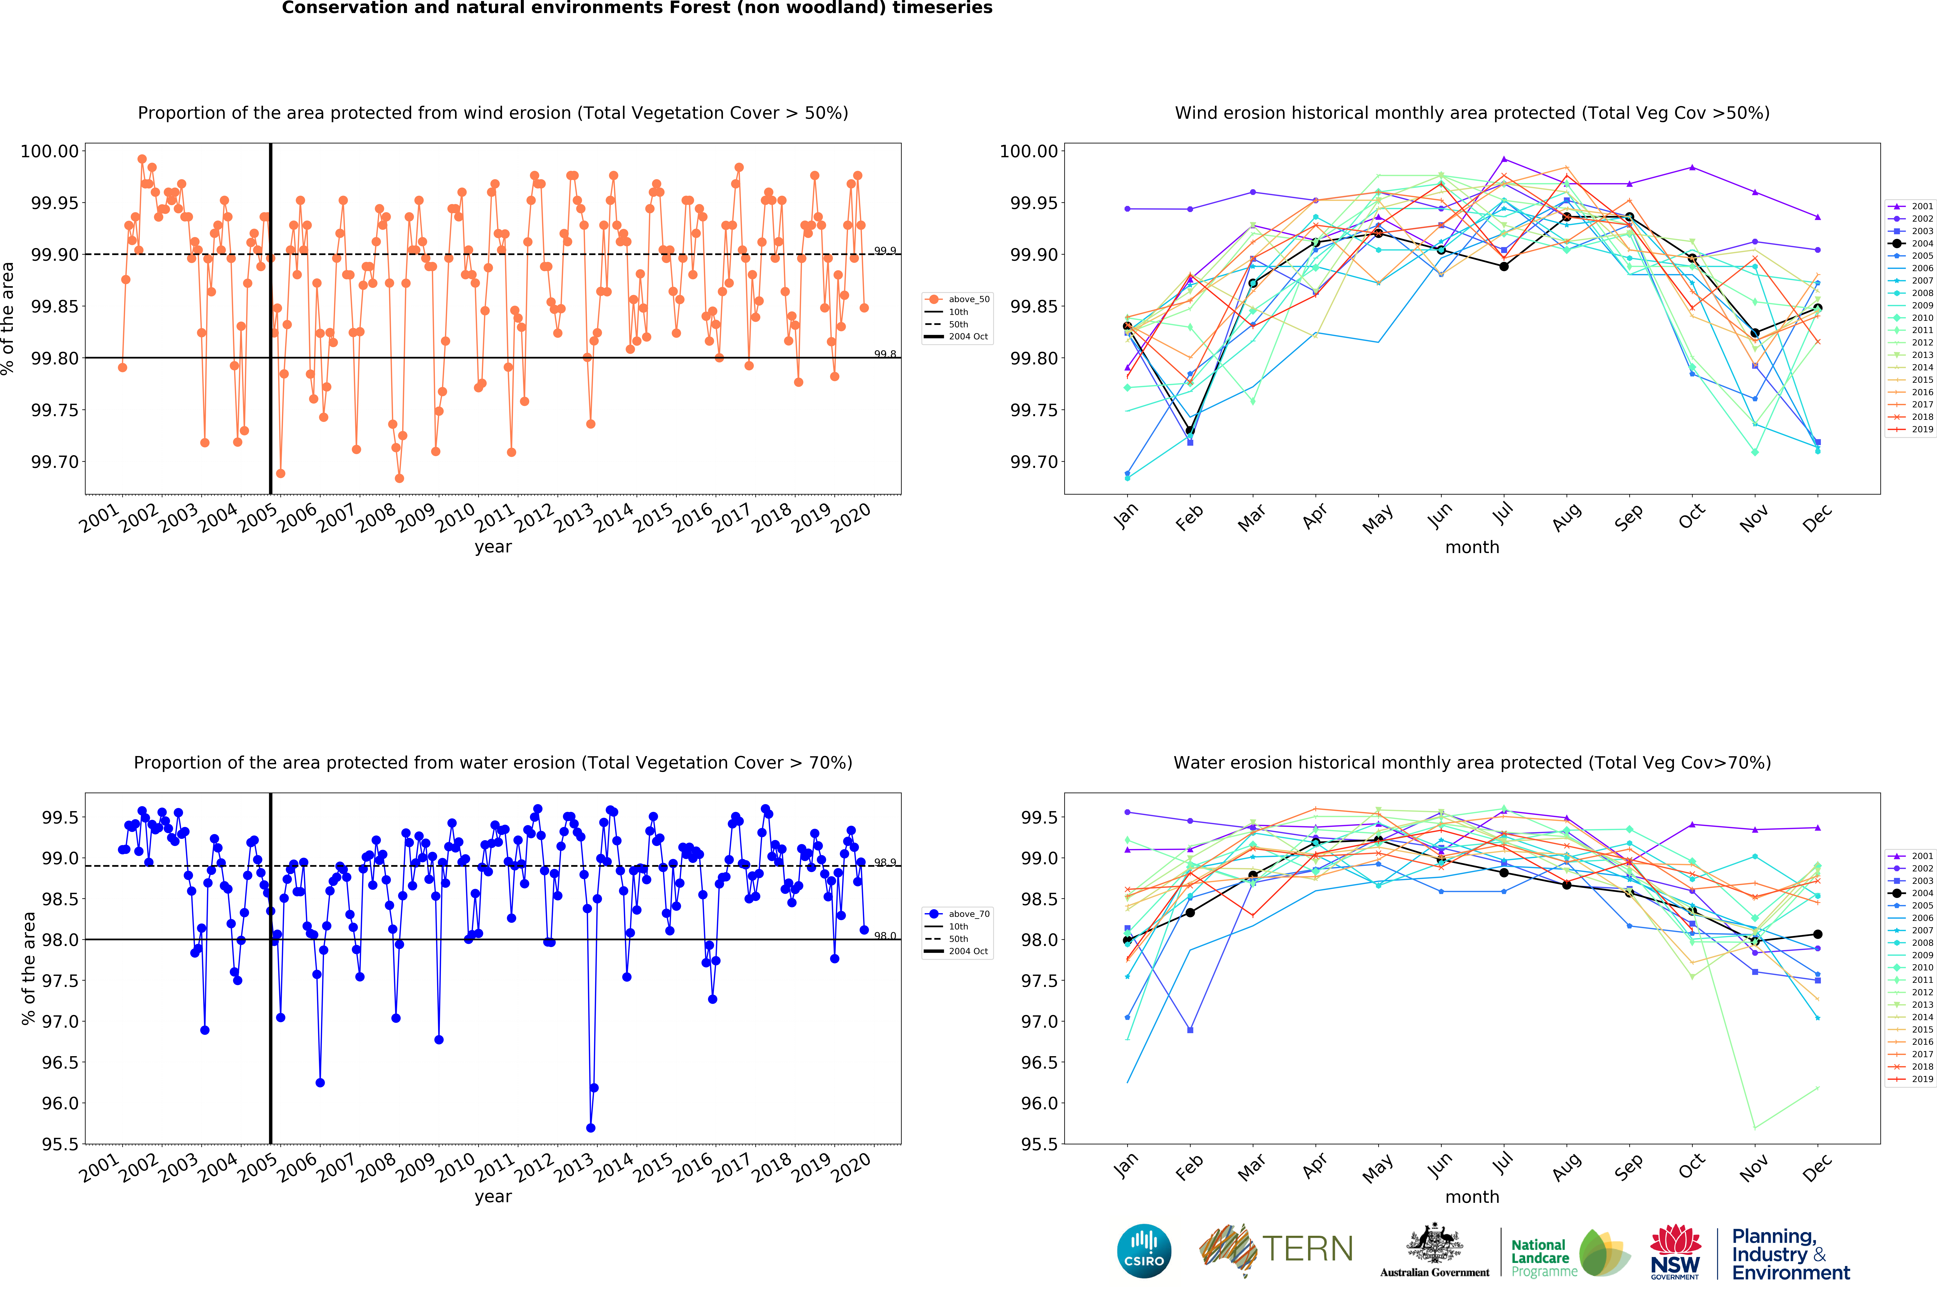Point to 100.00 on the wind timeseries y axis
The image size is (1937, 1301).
point(50,151)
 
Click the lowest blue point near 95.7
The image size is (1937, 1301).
point(590,1128)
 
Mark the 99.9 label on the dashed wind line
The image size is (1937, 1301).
point(885,251)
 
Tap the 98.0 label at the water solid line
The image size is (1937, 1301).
point(885,936)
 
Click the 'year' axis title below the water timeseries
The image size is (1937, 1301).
point(493,1197)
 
